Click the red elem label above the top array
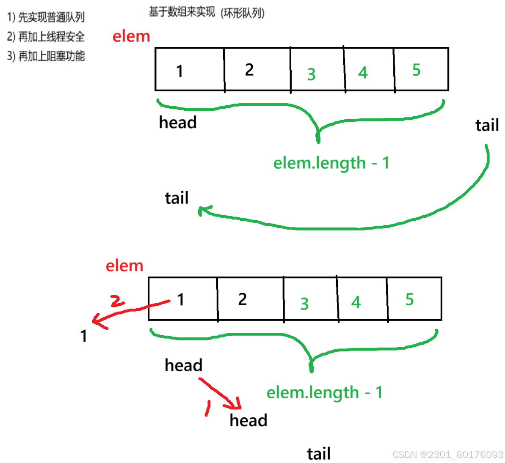(131, 36)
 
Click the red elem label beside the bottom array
(124, 266)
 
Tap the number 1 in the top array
(180, 71)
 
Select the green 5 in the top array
(416, 70)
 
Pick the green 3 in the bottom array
(304, 304)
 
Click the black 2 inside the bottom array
(242, 299)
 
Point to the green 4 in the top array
(363, 73)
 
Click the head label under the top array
(178, 122)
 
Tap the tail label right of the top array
(487, 125)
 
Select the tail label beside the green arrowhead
(177, 198)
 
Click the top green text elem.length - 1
(331, 163)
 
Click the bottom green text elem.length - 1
(324, 392)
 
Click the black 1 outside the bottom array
(84, 336)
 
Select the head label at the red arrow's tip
(248, 420)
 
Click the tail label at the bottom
(318, 454)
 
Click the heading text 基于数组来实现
(182, 12)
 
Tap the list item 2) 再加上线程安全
(46, 37)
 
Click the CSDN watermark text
(447, 455)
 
